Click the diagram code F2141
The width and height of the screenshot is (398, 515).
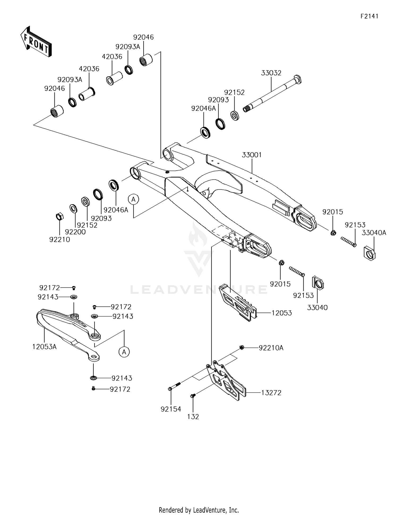pyautogui.click(x=369, y=16)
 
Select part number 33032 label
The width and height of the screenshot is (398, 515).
pyautogui.click(x=271, y=73)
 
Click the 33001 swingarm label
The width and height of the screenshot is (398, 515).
pyautogui.click(x=252, y=155)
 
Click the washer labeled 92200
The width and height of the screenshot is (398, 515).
pyautogui.click(x=73, y=209)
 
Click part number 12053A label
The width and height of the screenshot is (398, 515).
pyautogui.click(x=45, y=347)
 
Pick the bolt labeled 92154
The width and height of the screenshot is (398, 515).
pyautogui.click(x=174, y=386)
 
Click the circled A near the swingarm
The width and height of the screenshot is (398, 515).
pyautogui.click(x=133, y=199)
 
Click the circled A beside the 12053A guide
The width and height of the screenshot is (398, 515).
pyautogui.click(x=124, y=352)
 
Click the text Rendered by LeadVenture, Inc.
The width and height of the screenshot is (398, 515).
pyautogui.click(x=199, y=510)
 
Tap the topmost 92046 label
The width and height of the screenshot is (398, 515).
pyautogui.click(x=143, y=37)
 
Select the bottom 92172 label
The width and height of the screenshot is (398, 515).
pyautogui.click(x=120, y=389)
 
